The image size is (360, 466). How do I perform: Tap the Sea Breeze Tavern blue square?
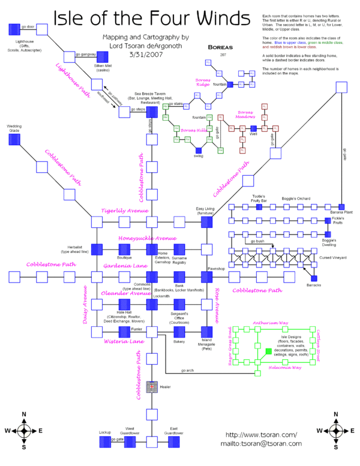tap(152, 112)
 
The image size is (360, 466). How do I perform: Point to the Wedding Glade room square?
tap(15, 139)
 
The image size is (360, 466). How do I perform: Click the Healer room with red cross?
tap(152, 387)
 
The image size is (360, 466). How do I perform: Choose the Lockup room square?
tap(104, 441)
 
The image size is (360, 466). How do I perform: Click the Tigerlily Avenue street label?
tap(124, 211)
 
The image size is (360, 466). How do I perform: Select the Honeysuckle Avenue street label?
tap(143, 238)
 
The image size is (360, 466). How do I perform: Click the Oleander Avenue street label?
tap(126, 293)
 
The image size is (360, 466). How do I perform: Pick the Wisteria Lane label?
tap(120, 341)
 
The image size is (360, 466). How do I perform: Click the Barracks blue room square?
tap(314, 278)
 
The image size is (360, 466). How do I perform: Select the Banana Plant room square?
tap(341, 206)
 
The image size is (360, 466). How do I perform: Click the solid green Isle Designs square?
tap(268, 351)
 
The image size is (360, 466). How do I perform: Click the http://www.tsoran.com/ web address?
tap(261, 435)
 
